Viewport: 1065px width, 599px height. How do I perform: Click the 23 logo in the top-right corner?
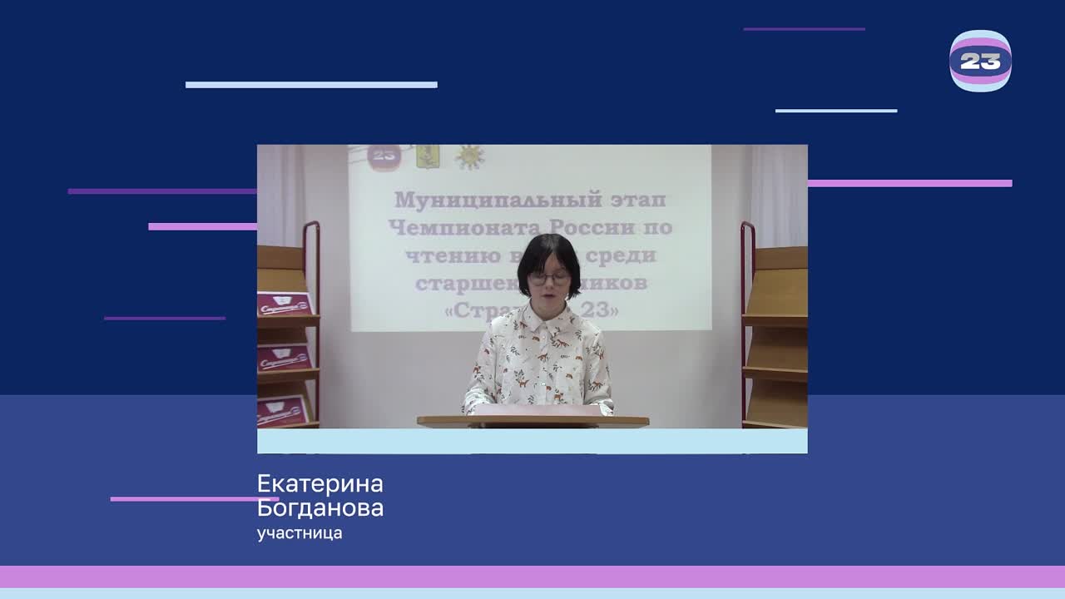tap(980, 61)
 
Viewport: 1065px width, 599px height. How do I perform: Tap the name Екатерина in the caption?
tap(320, 484)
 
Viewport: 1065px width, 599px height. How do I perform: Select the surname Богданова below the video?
tap(320, 508)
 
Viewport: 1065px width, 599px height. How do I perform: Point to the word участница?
tap(300, 533)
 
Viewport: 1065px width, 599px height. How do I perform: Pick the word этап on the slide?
tap(638, 200)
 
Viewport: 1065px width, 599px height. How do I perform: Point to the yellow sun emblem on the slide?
tap(468, 156)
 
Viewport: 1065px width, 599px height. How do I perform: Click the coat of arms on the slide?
tap(428, 156)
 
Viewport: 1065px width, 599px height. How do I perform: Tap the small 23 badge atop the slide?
tap(384, 156)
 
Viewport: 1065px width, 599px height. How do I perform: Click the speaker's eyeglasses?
tap(549, 277)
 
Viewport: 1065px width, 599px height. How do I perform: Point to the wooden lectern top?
tap(532, 422)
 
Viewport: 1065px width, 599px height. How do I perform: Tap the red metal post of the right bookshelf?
tap(745, 324)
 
